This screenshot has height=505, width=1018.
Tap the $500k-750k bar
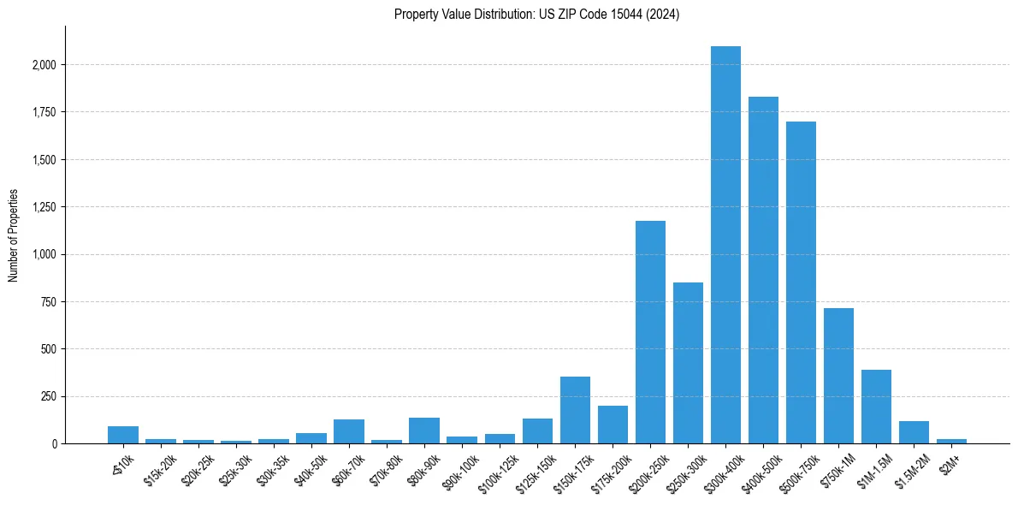click(801, 282)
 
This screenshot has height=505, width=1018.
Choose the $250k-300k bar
click(688, 363)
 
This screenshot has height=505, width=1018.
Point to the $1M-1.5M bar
click(876, 407)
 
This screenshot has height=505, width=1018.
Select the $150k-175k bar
click(575, 410)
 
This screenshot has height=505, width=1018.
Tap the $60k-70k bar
click(349, 431)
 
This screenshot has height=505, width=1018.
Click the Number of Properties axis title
click(14, 235)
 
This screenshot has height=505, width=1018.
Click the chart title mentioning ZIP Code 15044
click(536, 15)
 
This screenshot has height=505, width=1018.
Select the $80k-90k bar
click(424, 431)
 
